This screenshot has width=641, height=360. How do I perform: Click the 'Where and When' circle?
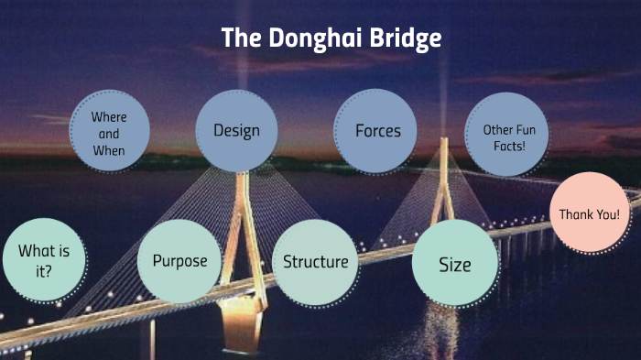click(109, 133)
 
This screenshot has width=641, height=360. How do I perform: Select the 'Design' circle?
click(236, 130)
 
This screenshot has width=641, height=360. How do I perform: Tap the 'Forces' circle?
click(378, 130)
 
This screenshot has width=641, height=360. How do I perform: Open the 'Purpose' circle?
click(179, 261)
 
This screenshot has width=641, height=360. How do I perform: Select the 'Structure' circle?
click(315, 262)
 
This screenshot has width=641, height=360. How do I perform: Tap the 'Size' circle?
click(454, 265)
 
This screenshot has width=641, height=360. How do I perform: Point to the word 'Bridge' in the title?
click(407, 38)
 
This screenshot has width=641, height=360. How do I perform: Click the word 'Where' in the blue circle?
click(109, 117)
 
